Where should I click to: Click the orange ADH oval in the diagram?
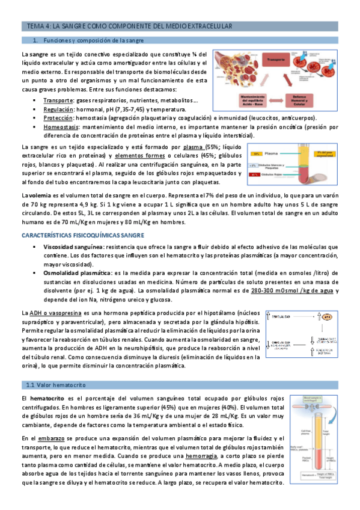pyautogui.click(x=328, y=316)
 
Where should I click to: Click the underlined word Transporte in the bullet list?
pyautogui.click(x=58, y=101)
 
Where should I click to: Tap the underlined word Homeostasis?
pyautogui.click(x=62, y=127)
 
